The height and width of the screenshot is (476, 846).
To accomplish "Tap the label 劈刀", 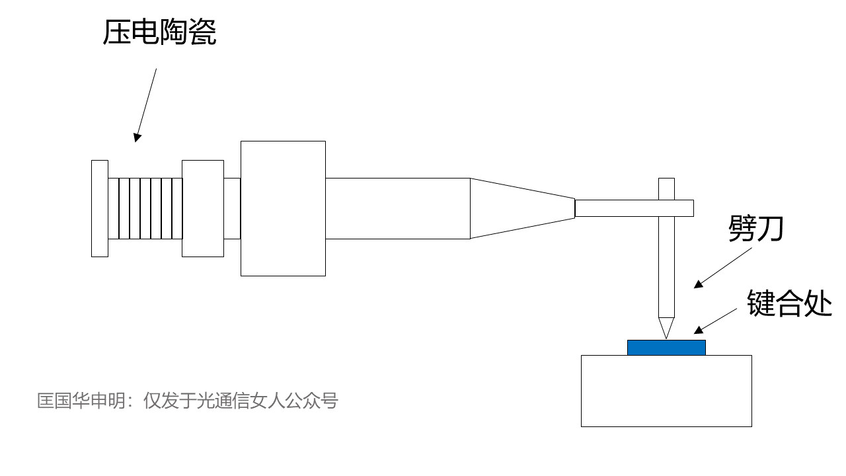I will [x=755, y=229].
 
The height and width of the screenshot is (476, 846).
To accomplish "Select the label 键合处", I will [x=789, y=303].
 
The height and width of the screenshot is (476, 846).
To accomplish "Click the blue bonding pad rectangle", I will [x=666, y=348].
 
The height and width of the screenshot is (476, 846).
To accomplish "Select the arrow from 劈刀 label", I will [x=723, y=266].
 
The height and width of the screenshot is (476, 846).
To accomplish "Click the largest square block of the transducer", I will [x=283, y=208].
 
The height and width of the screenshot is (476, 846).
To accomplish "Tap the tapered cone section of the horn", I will [x=522, y=208].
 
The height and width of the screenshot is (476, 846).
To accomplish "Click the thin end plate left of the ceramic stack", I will [x=100, y=208].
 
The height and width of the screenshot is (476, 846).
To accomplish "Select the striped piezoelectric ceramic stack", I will [x=145, y=208].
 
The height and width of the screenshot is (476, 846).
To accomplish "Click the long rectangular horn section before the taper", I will [x=397, y=208].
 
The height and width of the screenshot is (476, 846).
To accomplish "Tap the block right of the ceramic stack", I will [x=203, y=208].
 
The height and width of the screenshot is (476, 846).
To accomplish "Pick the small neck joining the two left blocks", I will [x=232, y=208].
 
